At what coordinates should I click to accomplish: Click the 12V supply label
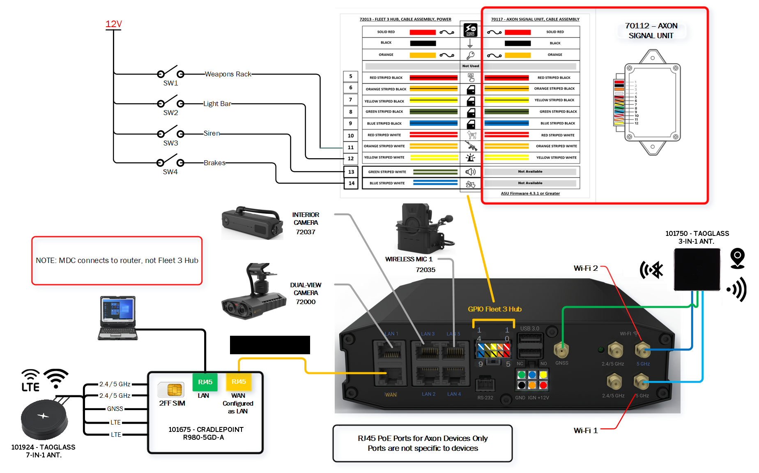(x=113, y=24)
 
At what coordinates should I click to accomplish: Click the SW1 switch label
(x=170, y=83)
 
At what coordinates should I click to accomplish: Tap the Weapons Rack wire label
(x=228, y=74)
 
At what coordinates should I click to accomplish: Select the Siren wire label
(x=212, y=133)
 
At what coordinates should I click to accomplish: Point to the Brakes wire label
(x=214, y=163)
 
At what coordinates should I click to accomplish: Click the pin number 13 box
(x=351, y=172)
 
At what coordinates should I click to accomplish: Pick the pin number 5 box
(x=350, y=76)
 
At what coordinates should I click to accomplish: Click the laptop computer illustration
(x=118, y=318)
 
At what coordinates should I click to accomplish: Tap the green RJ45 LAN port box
(x=205, y=382)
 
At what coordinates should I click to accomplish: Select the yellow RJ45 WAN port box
(x=239, y=382)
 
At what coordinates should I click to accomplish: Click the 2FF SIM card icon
(x=175, y=389)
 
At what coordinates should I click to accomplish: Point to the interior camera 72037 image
(x=252, y=223)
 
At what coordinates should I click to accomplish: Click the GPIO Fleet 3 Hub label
(x=494, y=309)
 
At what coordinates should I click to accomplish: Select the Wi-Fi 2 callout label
(x=586, y=268)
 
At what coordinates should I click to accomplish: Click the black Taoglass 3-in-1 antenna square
(x=697, y=269)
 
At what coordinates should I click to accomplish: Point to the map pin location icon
(x=737, y=258)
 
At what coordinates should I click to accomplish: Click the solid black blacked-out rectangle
(x=270, y=345)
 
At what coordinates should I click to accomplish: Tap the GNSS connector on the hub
(x=561, y=351)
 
